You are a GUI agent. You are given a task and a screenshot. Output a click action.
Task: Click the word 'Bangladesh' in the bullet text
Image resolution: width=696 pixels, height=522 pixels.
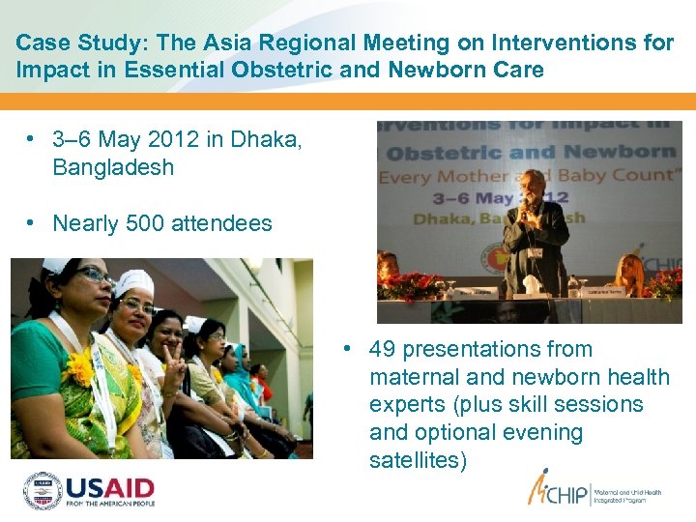[113, 167]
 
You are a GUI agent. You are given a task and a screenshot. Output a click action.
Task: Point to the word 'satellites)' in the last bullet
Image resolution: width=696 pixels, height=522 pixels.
[418, 460]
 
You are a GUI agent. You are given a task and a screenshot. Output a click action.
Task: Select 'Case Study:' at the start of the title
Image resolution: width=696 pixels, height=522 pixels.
[71, 43]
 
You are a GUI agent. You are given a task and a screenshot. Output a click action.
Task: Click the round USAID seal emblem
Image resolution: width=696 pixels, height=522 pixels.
[43, 490]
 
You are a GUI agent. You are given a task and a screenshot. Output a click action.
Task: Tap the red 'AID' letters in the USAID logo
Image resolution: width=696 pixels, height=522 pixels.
[129, 485]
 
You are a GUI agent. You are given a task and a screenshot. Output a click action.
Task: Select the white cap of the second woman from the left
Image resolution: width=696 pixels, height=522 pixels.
[133, 282]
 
